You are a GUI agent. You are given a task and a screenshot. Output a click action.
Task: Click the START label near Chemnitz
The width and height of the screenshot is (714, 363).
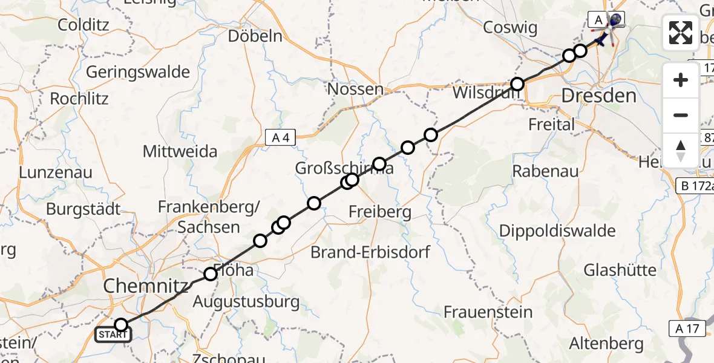[113, 335]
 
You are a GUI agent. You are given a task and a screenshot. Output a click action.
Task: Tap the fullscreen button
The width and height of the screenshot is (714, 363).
[681, 33]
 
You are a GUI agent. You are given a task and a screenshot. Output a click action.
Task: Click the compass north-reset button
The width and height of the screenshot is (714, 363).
[681, 151]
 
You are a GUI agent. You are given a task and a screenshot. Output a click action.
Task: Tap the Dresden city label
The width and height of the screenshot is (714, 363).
[599, 96]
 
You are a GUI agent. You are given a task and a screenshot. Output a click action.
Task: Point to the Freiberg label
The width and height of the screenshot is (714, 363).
[380, 212]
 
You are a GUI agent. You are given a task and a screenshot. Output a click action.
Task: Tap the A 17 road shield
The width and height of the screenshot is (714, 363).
[688, 329]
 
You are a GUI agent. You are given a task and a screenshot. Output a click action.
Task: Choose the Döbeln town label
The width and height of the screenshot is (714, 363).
[255, 36]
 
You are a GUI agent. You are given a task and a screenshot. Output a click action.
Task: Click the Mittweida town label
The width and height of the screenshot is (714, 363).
[180, 151]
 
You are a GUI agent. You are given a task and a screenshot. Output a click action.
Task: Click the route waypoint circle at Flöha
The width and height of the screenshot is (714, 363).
[210, 274]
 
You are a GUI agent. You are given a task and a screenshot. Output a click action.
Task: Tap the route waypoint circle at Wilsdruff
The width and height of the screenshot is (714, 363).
[517, 83]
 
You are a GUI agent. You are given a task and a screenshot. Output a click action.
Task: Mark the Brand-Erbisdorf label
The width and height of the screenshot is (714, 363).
[370, 252]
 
